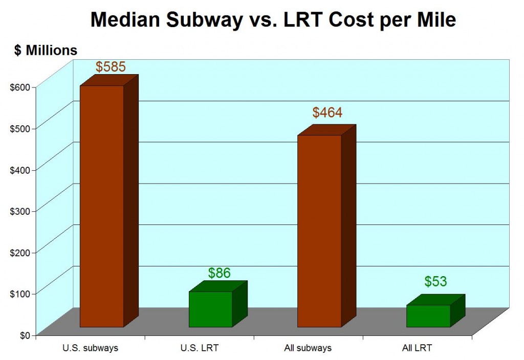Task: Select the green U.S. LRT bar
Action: [210, 309]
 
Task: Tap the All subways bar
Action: [319, 231]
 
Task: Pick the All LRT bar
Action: [428, 316]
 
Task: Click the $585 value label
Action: [111, 67]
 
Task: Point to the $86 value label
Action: [219, 273]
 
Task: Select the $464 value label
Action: [327, 113]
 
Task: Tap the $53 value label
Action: [435, 281]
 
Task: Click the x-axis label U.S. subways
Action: [91, 348]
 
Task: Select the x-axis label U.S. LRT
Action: [200, 348]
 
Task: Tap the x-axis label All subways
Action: [308, 348]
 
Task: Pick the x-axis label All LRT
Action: [417, 348]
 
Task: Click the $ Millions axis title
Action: [46, 50]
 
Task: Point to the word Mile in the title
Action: [436, 20]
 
